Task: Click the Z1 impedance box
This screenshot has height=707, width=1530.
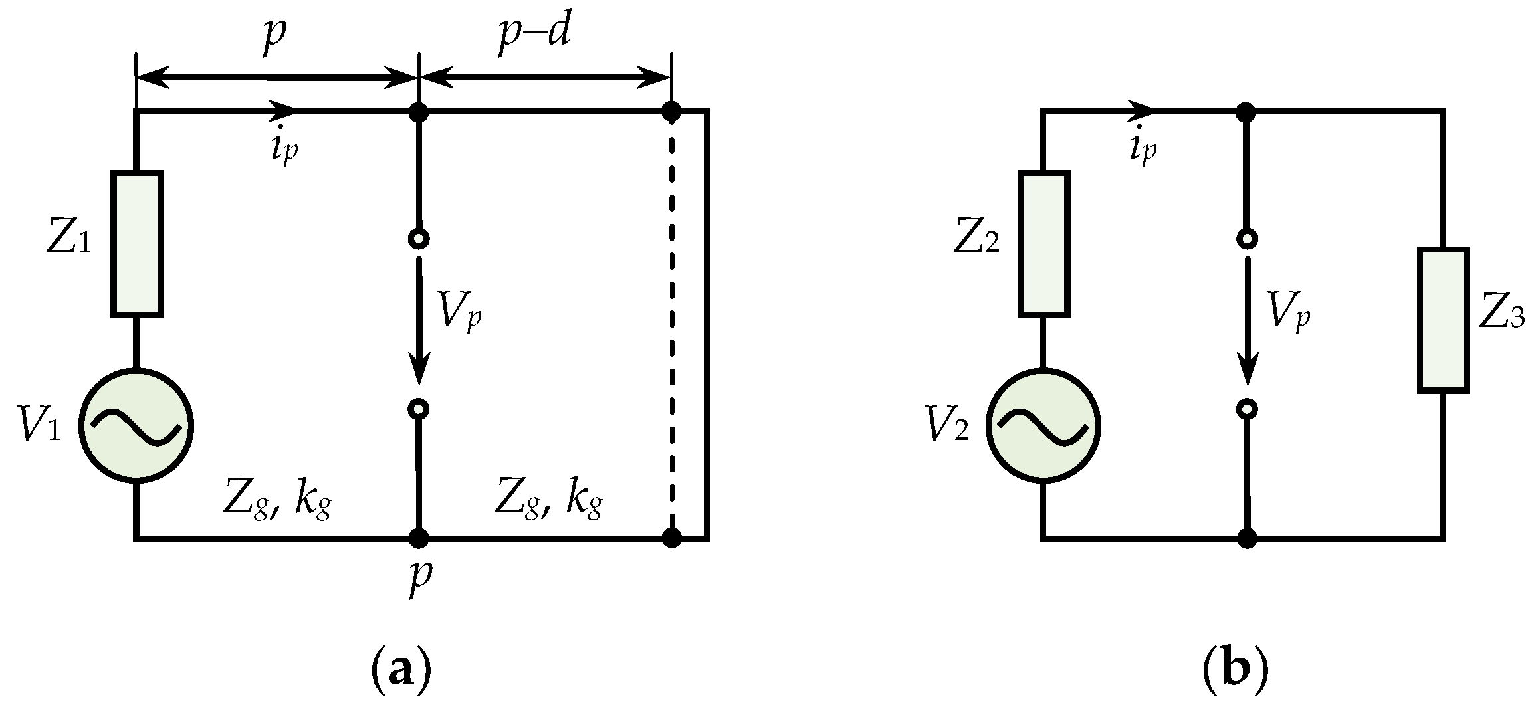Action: pyautogui.click(x=136, y=243)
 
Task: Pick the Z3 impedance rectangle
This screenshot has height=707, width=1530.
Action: pyautogui.click(x=1443, y=320)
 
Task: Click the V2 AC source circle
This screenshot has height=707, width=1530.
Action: pyautogui.click(x=1043, y=425)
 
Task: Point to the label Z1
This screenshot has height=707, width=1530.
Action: pyautogui.click(x=68, y=241)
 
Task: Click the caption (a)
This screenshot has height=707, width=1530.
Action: pyautogui.click(x=399, y=672)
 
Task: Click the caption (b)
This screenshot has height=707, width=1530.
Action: pyautogui.click(x=1236, y=672)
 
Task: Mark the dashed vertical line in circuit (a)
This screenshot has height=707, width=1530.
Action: pyautogui.click(x=672, y=326)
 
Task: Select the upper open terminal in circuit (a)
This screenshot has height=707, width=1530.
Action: pyautogui.click(x=418, y=239)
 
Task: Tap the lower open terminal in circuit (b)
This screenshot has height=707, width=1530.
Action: pyautogui.click(x=1248, y=409)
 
